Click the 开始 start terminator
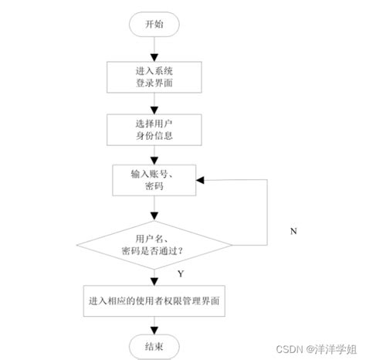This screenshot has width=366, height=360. coord(154,25)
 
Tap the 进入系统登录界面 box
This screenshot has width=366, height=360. coord(154,74)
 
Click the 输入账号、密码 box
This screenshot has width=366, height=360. coord(154,180)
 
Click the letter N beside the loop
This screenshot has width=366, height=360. coord(293,231)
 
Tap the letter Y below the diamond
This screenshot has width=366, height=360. coord(180,273)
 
